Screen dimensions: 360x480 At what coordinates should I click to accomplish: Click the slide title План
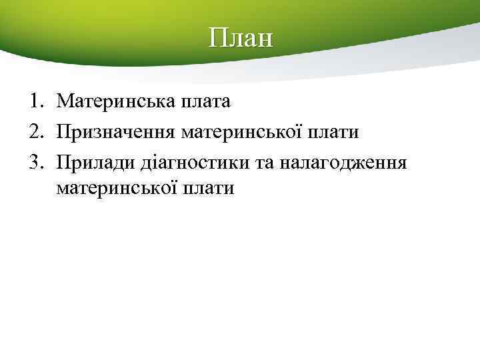[240, 38]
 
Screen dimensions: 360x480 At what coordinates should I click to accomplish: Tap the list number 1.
[34, 101]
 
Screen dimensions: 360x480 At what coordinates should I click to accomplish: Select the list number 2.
[34, 131]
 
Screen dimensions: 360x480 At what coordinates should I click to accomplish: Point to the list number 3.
[34, 161]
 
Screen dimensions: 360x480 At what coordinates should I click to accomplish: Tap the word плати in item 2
[337, 132]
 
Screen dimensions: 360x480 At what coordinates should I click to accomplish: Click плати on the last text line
[213, 189]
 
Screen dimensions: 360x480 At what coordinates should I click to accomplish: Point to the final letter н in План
[265, 41]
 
